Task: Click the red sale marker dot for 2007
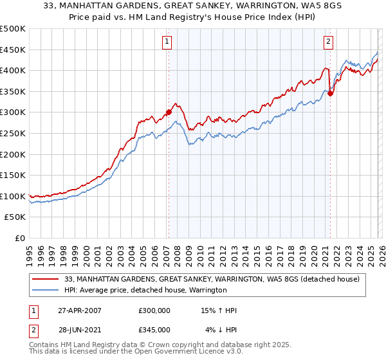point(169,112)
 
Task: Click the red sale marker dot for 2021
point(330,93)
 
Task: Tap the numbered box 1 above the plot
point(167,42)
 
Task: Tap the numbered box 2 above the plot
point(328,42)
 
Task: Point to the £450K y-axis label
point(13,50)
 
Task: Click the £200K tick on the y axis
point(13,154)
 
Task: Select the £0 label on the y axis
point(21,238)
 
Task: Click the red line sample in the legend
point(47,279)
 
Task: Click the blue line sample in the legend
point(47,290)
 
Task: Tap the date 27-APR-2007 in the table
point(78,310)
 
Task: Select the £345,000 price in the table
point(154,330)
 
